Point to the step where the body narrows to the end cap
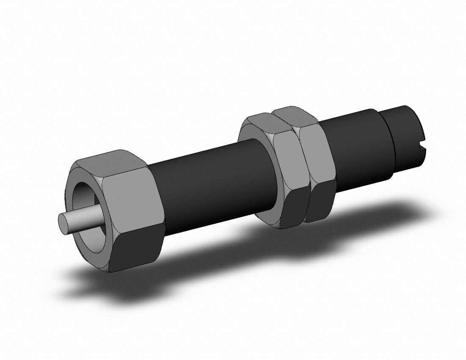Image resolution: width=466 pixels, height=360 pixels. click(x=388, y=140)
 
